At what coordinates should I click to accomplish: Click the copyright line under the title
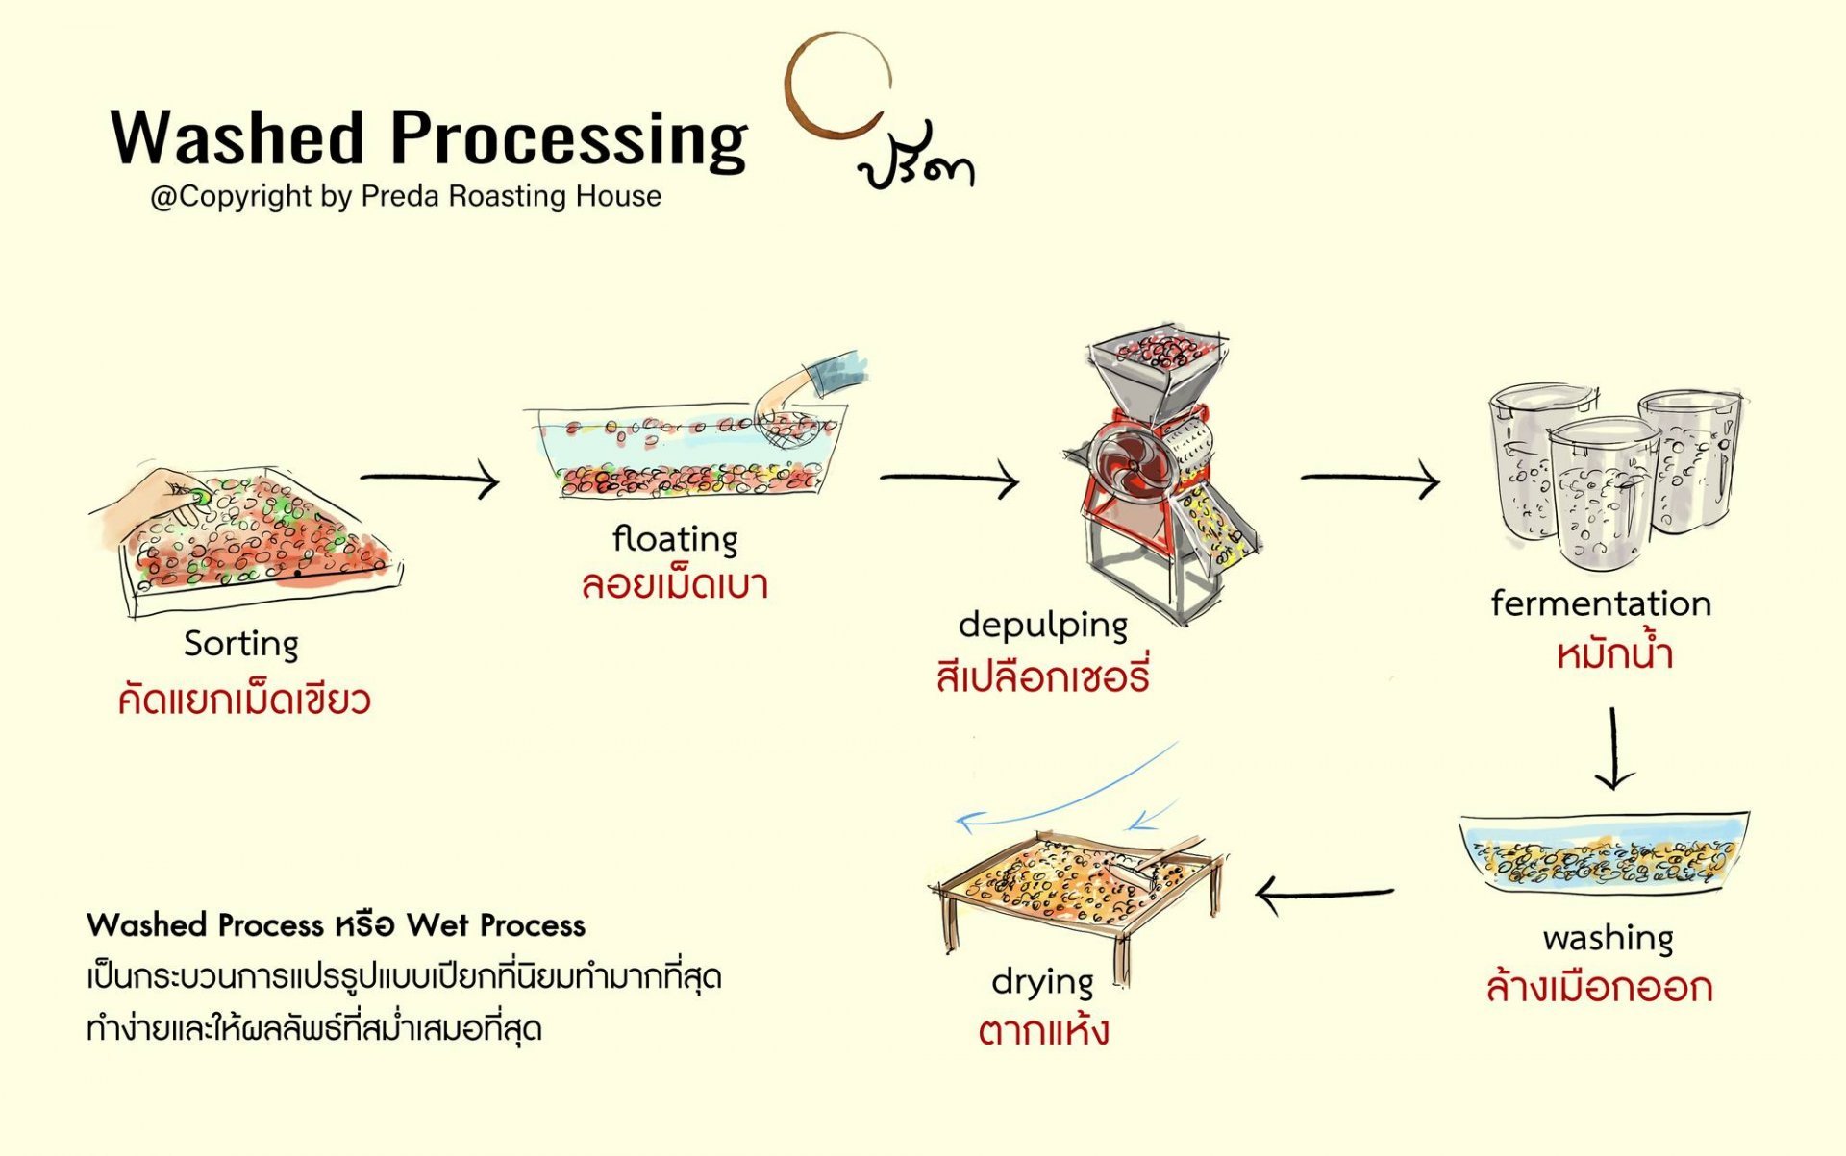point(406,196)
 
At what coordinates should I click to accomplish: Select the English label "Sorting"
point(241,643)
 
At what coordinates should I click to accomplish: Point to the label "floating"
point(675,538)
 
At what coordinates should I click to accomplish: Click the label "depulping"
point(1042,626)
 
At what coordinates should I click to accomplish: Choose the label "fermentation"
point(1601,603)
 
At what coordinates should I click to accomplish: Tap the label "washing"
point(1608,937)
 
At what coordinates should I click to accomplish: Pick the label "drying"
point(1042,981)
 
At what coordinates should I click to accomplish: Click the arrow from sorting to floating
point(430,478)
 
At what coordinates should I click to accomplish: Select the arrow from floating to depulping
point(949,478)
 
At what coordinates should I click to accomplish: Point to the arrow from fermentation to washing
point(1614,750)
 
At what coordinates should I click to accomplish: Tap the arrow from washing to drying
point(1324,894)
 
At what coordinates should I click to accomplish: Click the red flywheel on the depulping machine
point(1132,465)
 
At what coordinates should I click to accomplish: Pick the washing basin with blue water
point(1603,851)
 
